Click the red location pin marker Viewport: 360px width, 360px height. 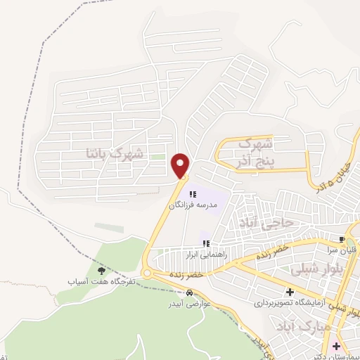181,165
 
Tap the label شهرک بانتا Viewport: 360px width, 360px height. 114,152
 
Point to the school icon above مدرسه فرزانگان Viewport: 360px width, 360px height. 193,194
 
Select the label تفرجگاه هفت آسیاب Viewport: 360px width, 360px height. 101,281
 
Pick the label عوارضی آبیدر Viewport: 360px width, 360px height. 185,305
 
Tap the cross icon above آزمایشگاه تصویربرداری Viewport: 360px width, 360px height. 290,292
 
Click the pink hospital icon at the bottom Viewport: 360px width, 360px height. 337,346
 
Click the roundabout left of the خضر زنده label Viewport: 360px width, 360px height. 147,273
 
